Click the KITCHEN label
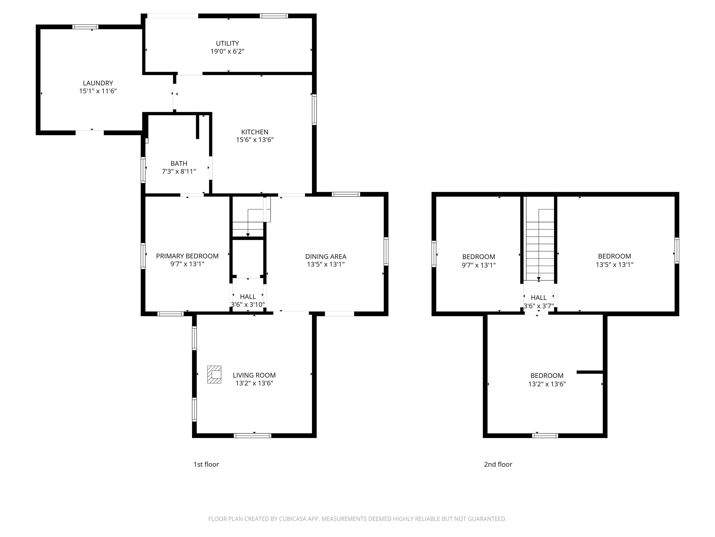click(x=255, y=132)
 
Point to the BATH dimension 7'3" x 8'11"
click(x=179, y=172)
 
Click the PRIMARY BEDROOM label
click(x=187, y=256)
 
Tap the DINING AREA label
click(x=326, y=257)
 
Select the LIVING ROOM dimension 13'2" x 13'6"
click(x=254, y=383)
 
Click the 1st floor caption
click(x=206, y=465)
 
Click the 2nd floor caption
click(x=498, y=465)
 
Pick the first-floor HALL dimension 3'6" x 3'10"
click(x=248, y=305)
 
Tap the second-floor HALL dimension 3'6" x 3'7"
click(x=539, y=306)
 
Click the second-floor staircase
click(x=540, y=246)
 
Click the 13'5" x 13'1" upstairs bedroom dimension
click(x=614, y=265)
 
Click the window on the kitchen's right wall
click(x=314, y=109)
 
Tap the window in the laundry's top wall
click(x=85, y=27)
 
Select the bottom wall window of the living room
click(x=253, y=436)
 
